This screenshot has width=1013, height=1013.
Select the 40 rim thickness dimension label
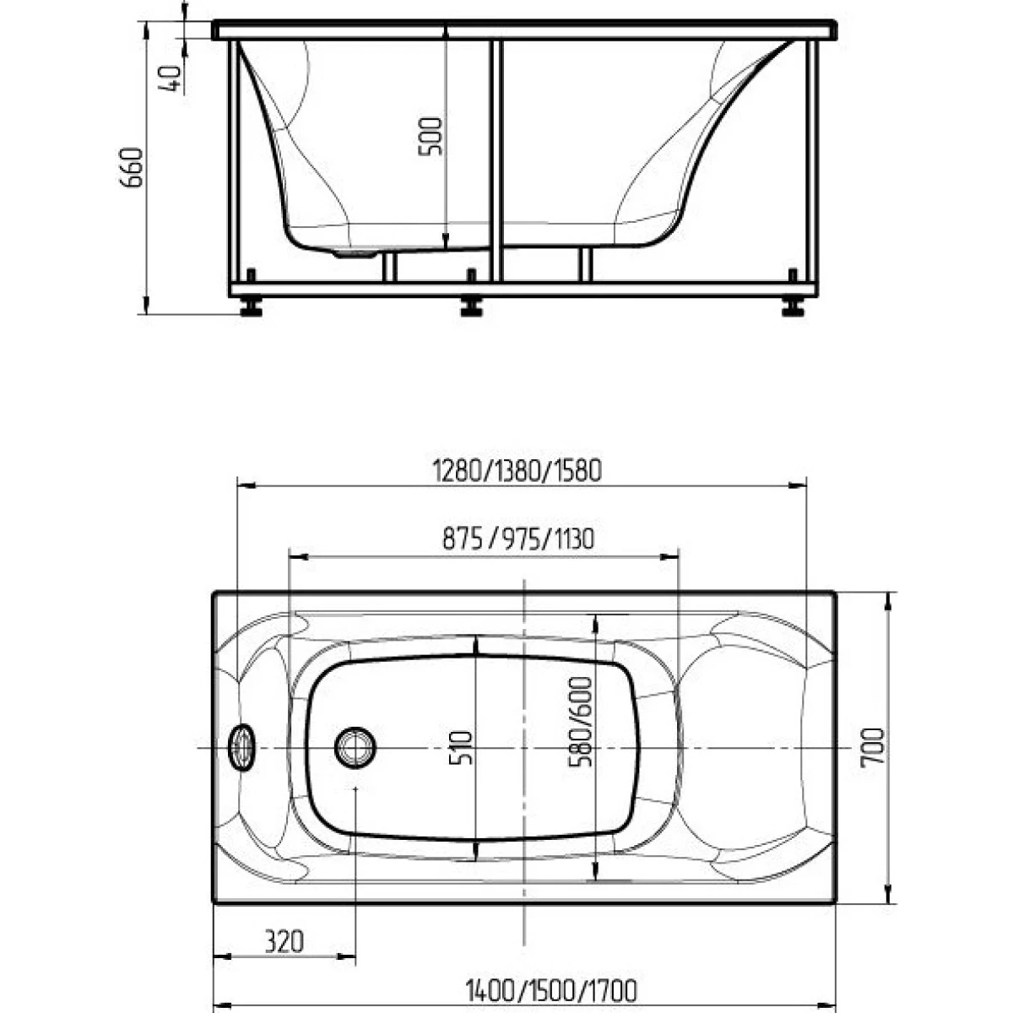pyautogui.click(x=171, y=79)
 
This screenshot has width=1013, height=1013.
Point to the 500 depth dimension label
pyautogui.click(x=431, y=136)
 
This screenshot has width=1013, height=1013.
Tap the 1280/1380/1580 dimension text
pyautogui.click(x=517, y=470)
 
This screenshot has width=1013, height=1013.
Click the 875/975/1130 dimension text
pyautogui.click(x=518, y=539)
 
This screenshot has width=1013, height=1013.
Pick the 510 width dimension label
pyautogui.click(x=462, y=748)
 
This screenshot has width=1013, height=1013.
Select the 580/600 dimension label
pyautogui.click(x=580, y=722)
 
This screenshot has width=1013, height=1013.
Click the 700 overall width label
pyautogui.click(x=872, y=747)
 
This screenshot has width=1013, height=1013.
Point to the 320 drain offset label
pyautogui.click(x=284, y=940)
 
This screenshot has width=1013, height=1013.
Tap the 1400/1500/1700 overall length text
pyautogui.click(x=551, y=990)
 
